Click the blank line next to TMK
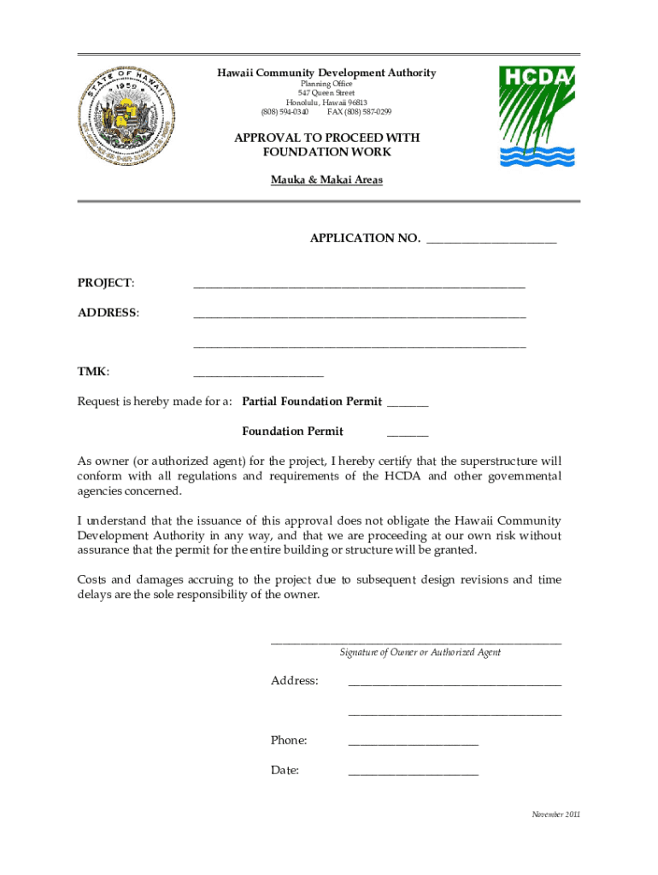pyautogui.click(x=258, y=375)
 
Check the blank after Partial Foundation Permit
pyautogui.click(x=408, y=405)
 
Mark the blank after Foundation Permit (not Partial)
pyautogui.click(x=408, y=435)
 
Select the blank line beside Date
pyautogui.click(x=413, y=773)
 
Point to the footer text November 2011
pyautogui.click(x=555, y=814)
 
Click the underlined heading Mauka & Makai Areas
pyautogui.click(x=326, y=180)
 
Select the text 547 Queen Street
pyautogui.click(x=326, y=93)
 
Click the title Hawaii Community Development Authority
pyautogui.click(x=326, y=73)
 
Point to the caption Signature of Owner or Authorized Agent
pyautogui.click(x=420, y=652)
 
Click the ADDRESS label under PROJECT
pyautogui.click(x=108, y=313)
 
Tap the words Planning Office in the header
pyautogui.click(x=326, y=84)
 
